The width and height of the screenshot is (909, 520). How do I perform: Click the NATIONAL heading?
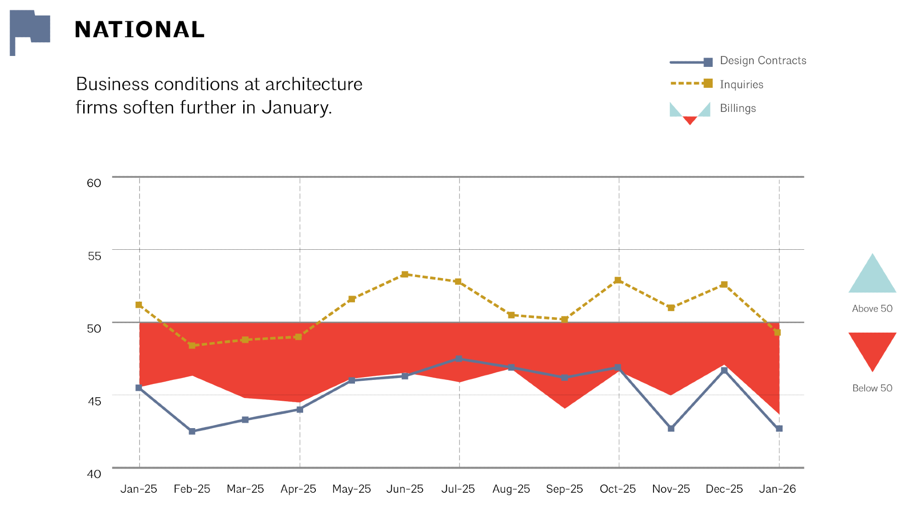pos(140,30)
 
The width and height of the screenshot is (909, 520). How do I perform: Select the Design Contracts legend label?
pos(763,61)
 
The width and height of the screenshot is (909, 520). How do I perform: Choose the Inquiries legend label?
pos(741,85)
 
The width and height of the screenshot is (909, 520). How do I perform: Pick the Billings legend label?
pos(738,108)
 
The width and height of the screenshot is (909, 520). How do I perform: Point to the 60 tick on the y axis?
pos(94,183)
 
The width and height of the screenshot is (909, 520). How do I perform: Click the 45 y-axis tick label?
pos(94,401)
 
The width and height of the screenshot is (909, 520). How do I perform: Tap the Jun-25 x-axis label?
pos(405,489)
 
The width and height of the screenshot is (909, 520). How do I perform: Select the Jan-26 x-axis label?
pos(777,489)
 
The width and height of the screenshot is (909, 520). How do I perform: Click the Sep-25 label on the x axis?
pos(564,489)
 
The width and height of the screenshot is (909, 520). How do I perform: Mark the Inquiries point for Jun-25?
pos(405,274)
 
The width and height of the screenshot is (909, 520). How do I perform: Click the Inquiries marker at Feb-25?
pos(192,346)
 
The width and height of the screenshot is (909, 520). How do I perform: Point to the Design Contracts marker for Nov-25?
pos(671,429)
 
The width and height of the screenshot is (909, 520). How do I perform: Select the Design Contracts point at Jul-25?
pos(459,359)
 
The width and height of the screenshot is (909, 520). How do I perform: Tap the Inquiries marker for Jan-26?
pos(777,333)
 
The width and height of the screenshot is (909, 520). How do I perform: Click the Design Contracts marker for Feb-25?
pos(192,431)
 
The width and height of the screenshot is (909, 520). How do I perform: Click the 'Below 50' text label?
pos(872,388)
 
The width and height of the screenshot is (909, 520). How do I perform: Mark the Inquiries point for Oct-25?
pos(618,280)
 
